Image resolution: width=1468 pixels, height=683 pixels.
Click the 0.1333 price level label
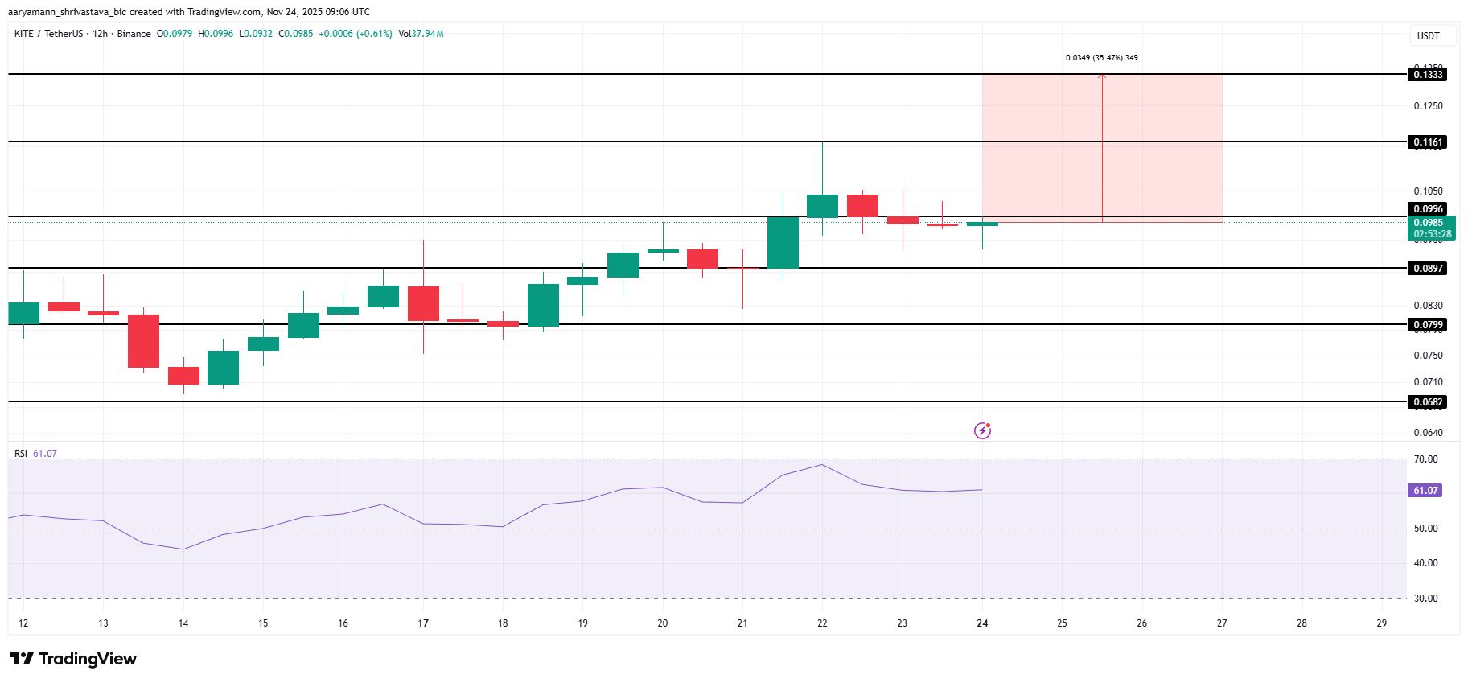[1428, 75]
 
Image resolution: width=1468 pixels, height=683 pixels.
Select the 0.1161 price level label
[1428, 142]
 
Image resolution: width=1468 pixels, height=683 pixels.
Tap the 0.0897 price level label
[1428, 269]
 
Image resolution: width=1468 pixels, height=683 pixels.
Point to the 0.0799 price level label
[1428, 325]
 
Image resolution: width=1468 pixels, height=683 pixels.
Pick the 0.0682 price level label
[1428, 402]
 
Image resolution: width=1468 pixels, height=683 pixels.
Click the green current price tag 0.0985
[1432, 228]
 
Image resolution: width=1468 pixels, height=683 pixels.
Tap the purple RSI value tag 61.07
[1425, 491]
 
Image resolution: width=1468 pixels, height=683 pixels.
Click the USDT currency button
[1428, 36]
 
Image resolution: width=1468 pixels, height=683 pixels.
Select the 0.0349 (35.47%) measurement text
[1101, 58]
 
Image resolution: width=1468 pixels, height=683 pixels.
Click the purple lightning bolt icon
[982, 431]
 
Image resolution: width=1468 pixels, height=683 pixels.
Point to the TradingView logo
[74, 659]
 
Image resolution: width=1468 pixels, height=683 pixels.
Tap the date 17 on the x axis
[423, 623]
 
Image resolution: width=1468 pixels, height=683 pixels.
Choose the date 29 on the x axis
[1381, 623]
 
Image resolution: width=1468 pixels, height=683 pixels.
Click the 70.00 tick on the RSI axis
[1425, 459]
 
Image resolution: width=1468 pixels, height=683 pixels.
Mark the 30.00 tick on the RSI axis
[1425, 599]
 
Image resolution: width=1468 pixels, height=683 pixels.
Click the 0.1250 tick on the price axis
[1428, 106]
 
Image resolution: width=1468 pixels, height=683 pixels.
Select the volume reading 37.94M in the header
[427, 34]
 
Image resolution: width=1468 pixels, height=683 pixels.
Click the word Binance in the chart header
[134, 34]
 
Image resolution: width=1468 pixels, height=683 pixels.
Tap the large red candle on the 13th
[144, 341]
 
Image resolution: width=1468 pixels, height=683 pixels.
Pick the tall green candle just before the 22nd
[783, 242]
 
